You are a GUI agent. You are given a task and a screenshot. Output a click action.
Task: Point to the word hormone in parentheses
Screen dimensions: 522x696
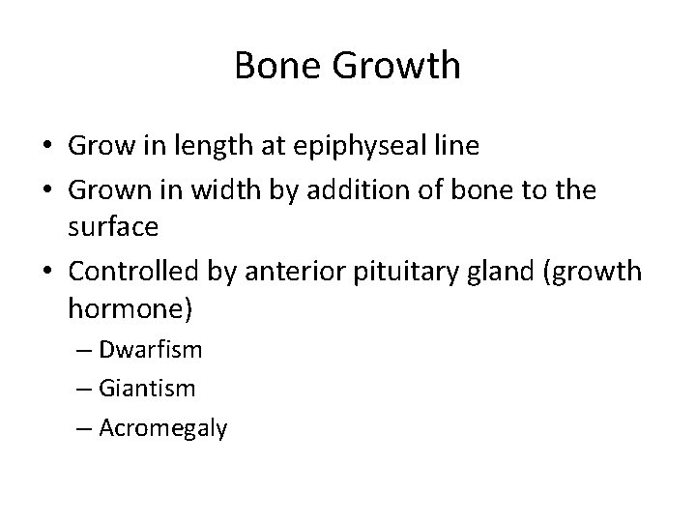(x=129, y=312)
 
